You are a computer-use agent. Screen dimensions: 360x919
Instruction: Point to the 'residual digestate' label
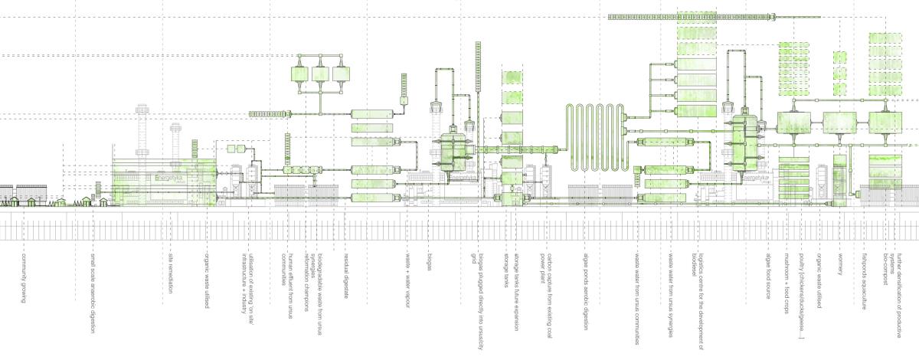[x=346, y=273]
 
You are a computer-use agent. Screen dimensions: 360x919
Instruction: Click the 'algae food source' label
[x=767, y=273]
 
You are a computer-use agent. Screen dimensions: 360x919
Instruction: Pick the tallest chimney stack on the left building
[x=141, y=130]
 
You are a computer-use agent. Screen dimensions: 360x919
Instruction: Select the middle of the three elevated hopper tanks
[x=319, y=75]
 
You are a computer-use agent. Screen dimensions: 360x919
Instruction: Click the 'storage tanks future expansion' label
[x=517, y=283]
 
